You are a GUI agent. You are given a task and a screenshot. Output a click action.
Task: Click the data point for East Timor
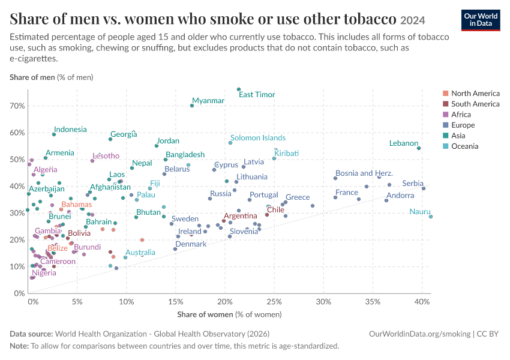tap(239, 89)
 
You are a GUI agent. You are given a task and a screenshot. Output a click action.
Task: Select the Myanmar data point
tap(192, 106)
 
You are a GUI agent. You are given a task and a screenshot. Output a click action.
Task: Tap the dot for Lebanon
tap(419, 148)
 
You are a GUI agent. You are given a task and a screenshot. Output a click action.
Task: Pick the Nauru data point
tap(431, 217)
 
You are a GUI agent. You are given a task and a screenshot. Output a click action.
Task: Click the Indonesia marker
tap(54, 134)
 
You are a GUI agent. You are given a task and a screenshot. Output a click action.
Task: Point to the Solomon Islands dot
tap(230, 143)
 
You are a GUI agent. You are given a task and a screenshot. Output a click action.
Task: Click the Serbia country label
tap(413, 184)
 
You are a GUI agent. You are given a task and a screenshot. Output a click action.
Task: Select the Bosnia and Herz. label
tap(364, 173)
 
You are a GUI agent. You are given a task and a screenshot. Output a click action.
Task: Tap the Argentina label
tap(241, 216)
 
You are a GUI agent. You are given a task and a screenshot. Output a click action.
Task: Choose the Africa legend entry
tap(461, 115)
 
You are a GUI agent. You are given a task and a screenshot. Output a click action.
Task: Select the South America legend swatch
tap(446, 104)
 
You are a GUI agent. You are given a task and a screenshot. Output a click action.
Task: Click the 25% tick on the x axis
tap(274, 302)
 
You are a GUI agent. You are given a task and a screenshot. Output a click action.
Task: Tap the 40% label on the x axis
tap(422, 302)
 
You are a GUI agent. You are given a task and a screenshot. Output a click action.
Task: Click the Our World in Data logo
tap(481, 20)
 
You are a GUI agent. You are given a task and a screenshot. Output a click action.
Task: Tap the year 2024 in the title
tap(413, 20)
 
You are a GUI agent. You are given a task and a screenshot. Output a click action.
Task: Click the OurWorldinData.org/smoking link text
tap(419, 334)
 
